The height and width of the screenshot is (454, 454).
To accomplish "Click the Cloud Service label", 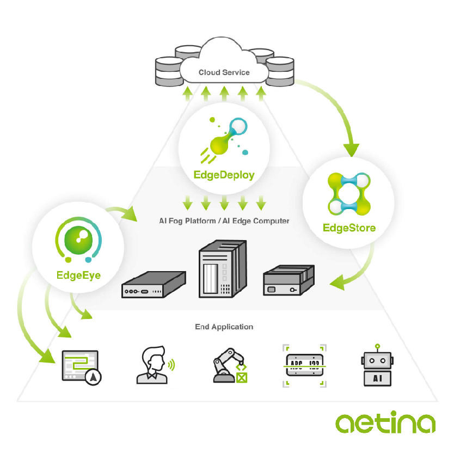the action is [x=224, y=72].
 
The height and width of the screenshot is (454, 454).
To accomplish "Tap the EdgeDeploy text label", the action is [x=224, y=175].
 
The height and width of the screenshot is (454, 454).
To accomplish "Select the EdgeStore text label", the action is [x=349, y=228].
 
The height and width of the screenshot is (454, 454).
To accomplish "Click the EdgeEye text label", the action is [x=78, y=275].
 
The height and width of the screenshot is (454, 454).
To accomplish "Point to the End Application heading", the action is [x=224, y=327].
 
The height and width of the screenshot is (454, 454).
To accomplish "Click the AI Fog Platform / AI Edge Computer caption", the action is [x=224, y=221].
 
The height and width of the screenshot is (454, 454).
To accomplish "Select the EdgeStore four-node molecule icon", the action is [x=349, y=194].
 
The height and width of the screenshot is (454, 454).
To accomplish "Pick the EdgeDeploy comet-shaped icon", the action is [x=224, y=140].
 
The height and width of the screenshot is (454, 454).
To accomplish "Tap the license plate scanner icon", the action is [x=304, y=366].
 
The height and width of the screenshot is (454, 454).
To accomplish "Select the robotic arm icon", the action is [x=230, y=365].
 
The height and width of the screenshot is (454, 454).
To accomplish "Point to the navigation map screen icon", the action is [x=81, y=367].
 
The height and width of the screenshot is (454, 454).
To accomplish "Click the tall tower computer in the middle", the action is [x=223, y=269].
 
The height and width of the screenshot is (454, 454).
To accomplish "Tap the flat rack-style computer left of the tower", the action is [x=154, y=285].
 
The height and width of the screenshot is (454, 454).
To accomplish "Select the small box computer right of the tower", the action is [x=289, y=280].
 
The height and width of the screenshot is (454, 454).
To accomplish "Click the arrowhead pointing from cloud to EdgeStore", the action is [x=351, y=150].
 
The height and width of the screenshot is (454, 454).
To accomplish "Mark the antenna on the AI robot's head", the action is [x=377, y=348].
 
